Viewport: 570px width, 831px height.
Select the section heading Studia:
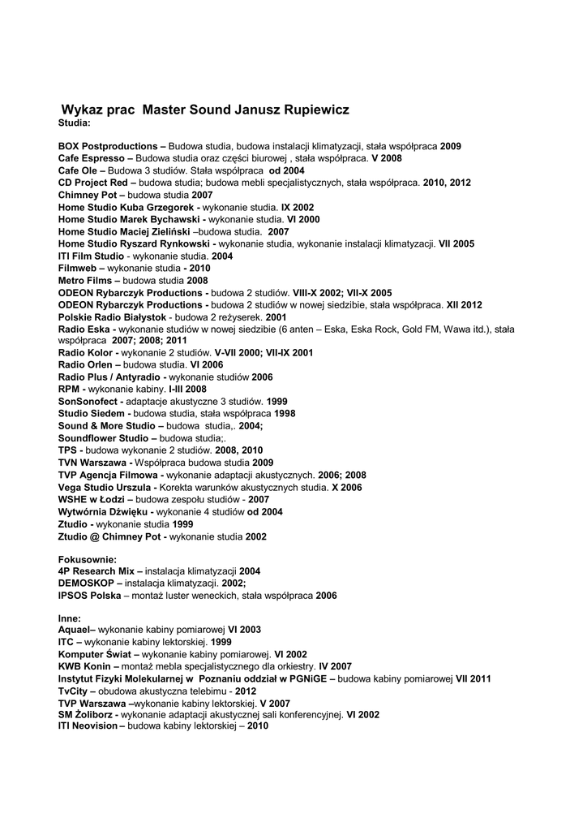tap(75, 123)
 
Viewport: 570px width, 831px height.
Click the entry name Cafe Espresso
tap(91, 158)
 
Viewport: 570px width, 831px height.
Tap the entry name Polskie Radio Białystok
tap(112, 316)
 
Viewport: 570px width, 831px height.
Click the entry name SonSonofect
tap(90, 401)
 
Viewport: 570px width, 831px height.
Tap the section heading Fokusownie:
tap(88, 559)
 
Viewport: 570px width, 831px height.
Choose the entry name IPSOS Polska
tap(90, 595)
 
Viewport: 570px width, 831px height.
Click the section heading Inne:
tap(70, 618)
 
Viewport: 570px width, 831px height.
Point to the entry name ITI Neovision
tap(88, 726)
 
